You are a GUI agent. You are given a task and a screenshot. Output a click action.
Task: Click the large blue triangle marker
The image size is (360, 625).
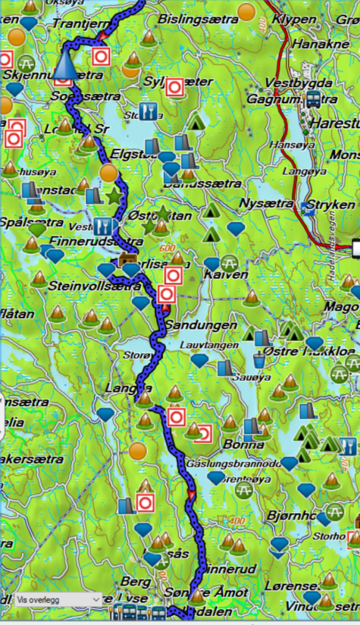pos(66,65)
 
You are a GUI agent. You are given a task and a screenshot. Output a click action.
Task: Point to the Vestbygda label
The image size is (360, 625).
pos(289,82)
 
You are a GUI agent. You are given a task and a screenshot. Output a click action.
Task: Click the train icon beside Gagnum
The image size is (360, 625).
pos(313,99)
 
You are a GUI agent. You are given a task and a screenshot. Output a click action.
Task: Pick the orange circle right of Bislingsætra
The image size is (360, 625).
pos(247,11)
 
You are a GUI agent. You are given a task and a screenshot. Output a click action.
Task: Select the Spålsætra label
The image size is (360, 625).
pos(31,222)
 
